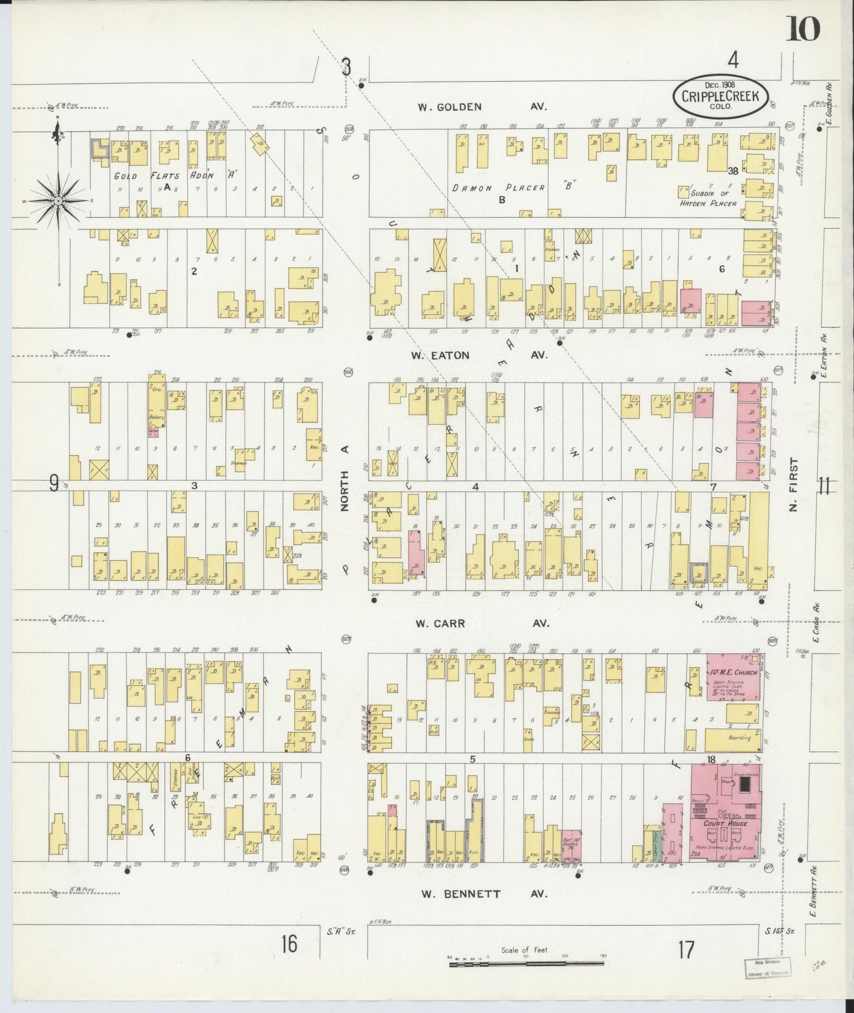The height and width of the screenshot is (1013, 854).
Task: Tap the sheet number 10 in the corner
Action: point(803,28)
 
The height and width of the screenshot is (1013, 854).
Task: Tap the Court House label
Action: point(725,823)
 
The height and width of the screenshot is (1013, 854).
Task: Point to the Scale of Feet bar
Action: point(526,964)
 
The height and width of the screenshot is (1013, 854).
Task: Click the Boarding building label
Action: point(739,738)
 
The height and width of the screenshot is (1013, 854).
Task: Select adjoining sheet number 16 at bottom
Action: point(289,944)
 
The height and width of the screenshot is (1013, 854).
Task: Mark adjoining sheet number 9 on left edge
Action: point(53,485)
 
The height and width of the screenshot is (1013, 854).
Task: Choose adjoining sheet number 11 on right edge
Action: point(824,486)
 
